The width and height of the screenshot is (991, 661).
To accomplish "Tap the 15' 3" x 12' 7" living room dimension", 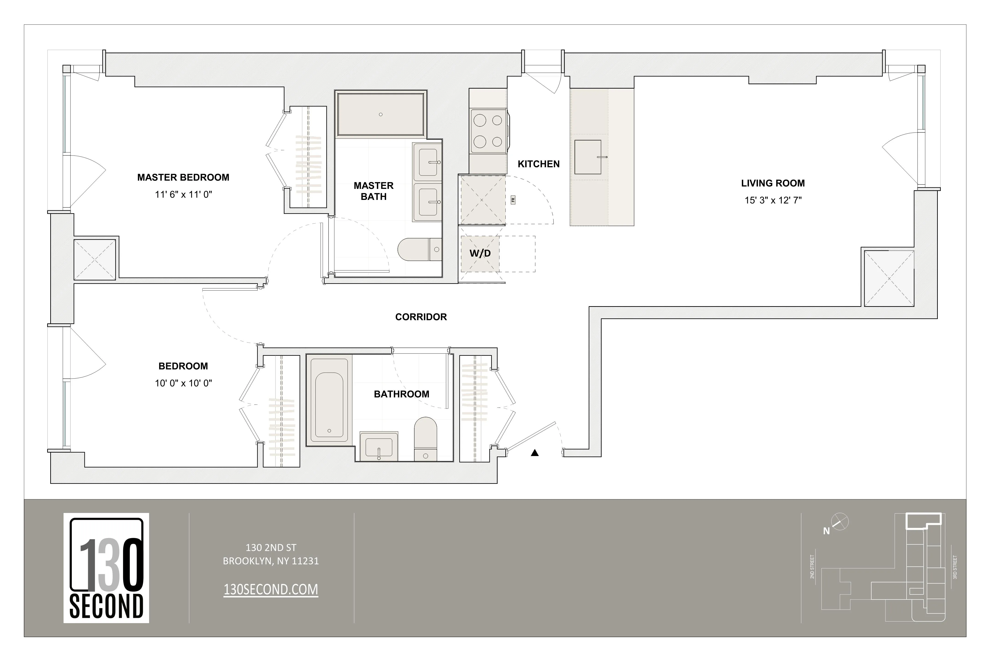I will pos(773,200).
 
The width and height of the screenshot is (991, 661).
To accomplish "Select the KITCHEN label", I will pos(538,164).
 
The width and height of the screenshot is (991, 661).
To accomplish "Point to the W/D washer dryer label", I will pos(480,253).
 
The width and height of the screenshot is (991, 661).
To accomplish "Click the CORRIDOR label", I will pos(420,317).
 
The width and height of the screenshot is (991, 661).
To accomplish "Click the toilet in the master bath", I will pos(419,249).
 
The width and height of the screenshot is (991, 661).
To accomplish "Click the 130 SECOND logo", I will pos(106,568).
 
